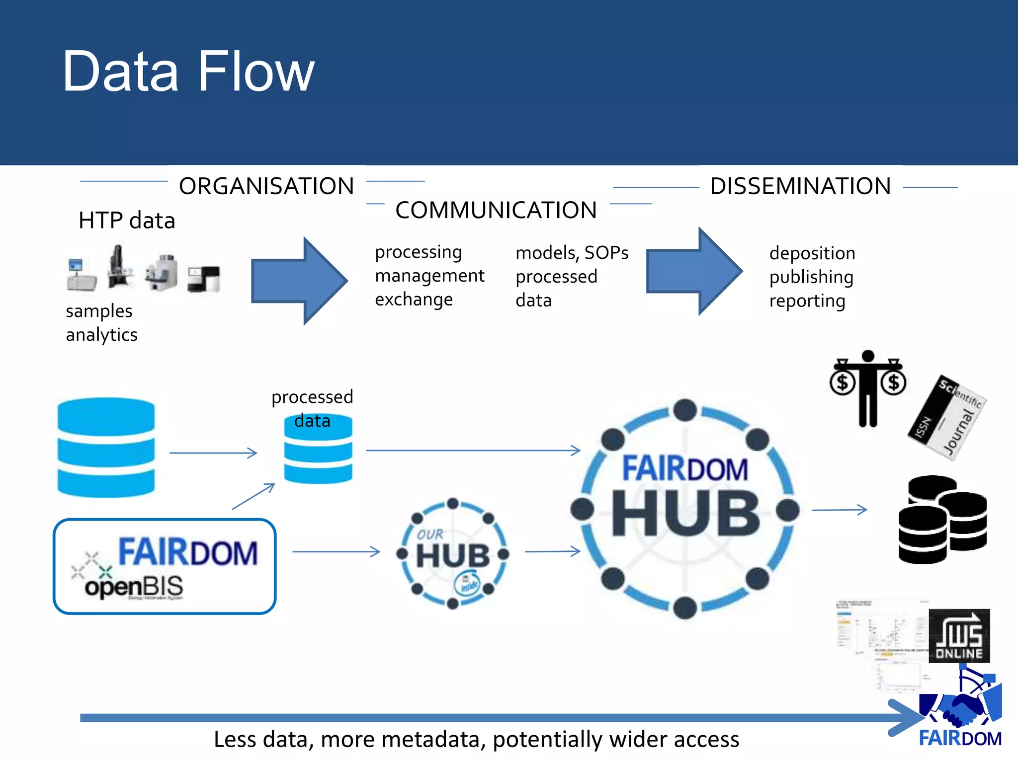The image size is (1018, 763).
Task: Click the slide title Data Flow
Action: coord(188,72)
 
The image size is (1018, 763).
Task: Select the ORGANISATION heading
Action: coord(266,186)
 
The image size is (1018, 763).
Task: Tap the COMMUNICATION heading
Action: coord(496,210)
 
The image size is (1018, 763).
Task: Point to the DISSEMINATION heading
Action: coord(800,186)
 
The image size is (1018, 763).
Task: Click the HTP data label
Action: coord(127,220)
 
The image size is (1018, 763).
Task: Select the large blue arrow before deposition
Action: coord(693,271)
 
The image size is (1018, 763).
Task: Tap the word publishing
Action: coord(811,277)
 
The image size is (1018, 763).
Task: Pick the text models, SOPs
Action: coord(572,253)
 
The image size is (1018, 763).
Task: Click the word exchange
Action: coord(414,300)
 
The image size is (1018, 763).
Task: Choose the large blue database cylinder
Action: coord(106,447)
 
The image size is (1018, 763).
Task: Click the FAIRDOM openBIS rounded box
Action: coord(165,566)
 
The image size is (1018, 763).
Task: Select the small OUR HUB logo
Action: coord(453,553)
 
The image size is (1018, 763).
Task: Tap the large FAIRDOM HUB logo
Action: coord(685,509)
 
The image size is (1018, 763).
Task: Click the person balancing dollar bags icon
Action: coord(867,388)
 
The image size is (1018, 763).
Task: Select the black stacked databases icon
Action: coord(942,519)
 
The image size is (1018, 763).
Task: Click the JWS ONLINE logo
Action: coord(959,636)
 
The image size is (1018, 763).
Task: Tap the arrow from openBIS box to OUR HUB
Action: coord(336,551)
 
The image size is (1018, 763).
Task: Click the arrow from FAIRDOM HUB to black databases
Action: coord(839,510)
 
